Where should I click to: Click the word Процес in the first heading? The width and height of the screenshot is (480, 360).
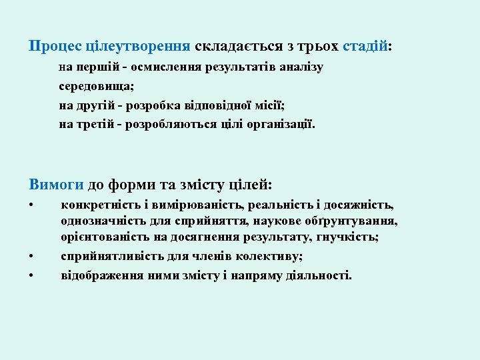coord(55,47)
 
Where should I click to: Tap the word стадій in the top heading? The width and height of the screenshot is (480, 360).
coord(365,47)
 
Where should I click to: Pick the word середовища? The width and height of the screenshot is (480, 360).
coord(96,87)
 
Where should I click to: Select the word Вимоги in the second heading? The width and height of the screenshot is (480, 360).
coord(57,184)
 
